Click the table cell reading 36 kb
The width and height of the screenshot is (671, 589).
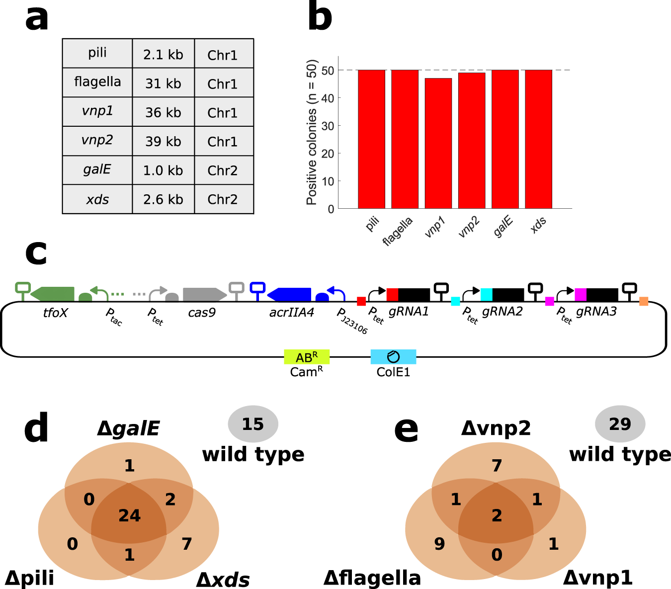163,112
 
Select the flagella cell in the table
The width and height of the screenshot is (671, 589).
97,82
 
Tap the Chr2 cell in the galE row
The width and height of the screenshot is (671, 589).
223,170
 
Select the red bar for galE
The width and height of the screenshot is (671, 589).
505,139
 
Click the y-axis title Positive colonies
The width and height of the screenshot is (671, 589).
312,132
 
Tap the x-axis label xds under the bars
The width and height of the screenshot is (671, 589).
538,225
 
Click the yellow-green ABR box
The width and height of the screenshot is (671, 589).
307,357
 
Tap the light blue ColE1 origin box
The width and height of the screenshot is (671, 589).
393,357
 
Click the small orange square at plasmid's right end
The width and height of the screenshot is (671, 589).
644,301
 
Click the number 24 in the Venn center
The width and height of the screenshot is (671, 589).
129,516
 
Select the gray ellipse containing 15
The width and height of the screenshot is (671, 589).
253,424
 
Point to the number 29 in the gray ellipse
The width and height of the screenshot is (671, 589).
620,424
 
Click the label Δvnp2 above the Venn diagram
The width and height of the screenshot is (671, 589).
496,428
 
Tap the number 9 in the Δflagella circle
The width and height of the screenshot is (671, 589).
439,544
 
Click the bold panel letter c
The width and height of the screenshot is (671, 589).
36,252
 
